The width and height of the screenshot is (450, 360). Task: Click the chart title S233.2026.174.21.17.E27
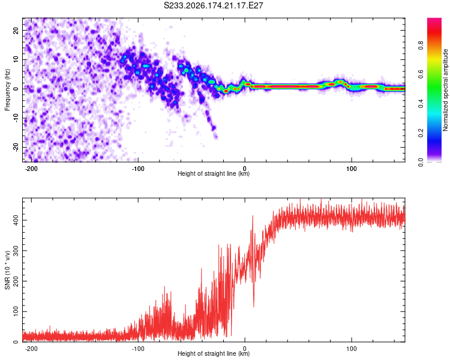coord(213,5)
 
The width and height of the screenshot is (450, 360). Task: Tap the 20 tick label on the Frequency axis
coord(16,30)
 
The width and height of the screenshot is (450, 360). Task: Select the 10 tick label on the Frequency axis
coord(16,59)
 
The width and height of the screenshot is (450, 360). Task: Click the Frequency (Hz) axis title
coord(7,90)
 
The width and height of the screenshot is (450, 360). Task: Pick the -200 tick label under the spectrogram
coord(31,169)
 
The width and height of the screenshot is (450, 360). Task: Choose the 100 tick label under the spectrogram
coord(351,169)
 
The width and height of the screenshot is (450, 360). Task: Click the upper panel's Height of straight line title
coord(214,173)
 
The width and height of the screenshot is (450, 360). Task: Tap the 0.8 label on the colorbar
coord(421,46)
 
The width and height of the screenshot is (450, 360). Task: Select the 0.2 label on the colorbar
coord(421,133)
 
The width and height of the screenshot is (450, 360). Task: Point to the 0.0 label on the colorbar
coord(421,162)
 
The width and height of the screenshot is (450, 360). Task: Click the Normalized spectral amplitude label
coord(445,90)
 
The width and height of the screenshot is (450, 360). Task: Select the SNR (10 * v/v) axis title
coord(7,270)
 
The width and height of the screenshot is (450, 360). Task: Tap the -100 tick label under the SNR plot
coord(138,349)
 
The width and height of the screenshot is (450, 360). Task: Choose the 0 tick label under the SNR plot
coord(245,349)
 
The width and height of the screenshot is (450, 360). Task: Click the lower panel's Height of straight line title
coord(214,353)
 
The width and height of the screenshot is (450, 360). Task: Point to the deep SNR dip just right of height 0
coord(254,306)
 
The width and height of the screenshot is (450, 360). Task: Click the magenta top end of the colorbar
coord(434,19)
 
